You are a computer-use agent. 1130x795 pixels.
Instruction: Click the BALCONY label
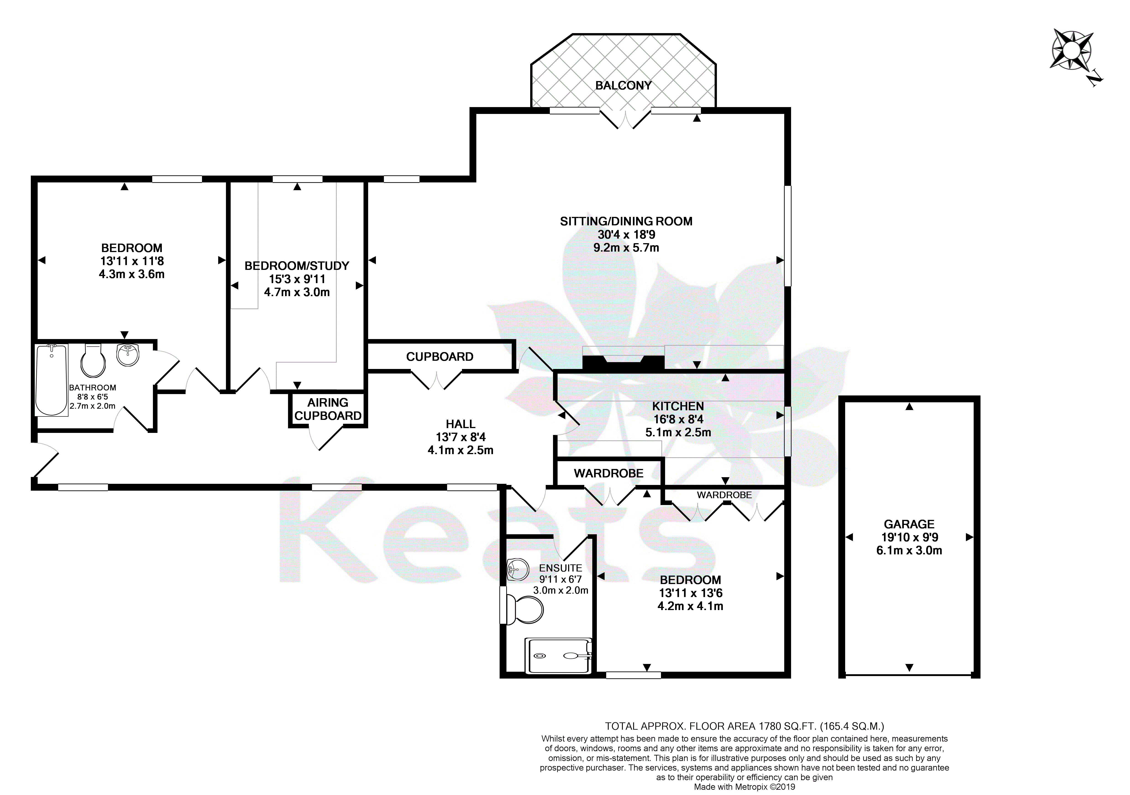623,86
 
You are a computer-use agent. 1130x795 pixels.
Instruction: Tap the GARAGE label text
909,524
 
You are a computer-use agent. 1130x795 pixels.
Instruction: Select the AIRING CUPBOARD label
328,409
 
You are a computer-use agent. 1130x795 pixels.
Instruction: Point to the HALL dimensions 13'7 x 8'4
461,437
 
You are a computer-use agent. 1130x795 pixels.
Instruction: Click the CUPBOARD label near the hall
440,356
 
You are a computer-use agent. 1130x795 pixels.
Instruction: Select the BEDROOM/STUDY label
297,266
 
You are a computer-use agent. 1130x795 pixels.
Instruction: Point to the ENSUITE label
561,568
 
